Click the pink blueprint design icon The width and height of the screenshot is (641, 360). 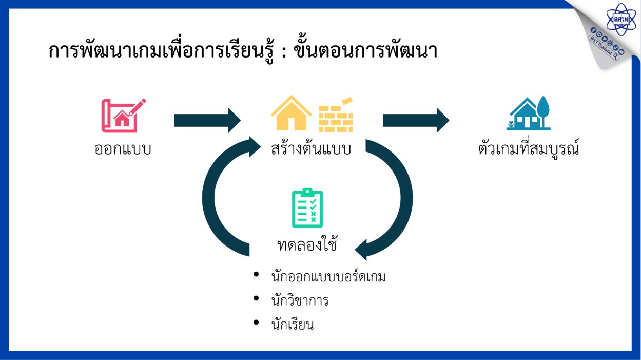(x=124, y=116)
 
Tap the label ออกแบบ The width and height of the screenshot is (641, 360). (x=123, y=149)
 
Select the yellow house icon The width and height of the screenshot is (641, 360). (x=292, y=113)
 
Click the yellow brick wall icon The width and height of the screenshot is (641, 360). (x=336, y=115)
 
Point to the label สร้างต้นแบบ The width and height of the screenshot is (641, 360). (x=311, y=148)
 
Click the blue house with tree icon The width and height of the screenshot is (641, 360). (x=529, y=113)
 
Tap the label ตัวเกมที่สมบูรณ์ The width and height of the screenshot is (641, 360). (x=529, y=148)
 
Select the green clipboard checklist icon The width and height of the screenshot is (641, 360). (x=307, y=207)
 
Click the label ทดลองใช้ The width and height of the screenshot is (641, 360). (x=307, y=245)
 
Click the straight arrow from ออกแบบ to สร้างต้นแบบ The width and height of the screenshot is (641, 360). (x=207, y=120)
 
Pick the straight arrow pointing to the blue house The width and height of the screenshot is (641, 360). (x=416, y=120)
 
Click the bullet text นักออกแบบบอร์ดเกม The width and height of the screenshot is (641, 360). (x=328, y=277)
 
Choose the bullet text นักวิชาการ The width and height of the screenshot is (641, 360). (x=300, y=301)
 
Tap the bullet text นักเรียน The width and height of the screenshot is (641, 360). (x=293, y=325)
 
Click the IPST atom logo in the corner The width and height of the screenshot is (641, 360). (x=620, y=19)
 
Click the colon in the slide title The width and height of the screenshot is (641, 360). (x=284, y=51)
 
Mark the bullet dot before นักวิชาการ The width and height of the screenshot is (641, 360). (x=256, y=298)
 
